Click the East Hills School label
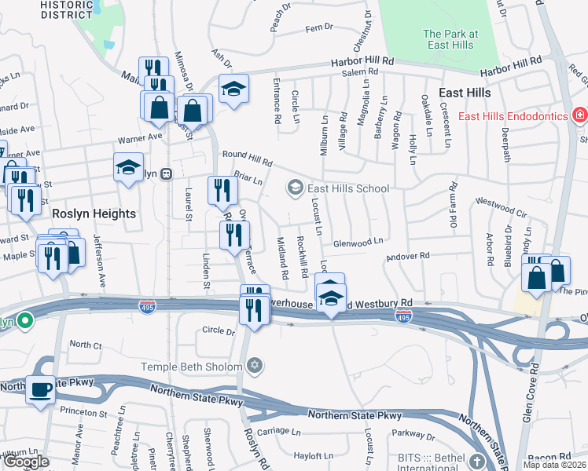348,188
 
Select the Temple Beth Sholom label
192,366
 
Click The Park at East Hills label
450,39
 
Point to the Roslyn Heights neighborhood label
94,214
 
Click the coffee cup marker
40,389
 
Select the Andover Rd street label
408,256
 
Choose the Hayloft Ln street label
313,455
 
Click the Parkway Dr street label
413,434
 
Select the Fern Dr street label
319,27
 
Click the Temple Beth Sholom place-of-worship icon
254,366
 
